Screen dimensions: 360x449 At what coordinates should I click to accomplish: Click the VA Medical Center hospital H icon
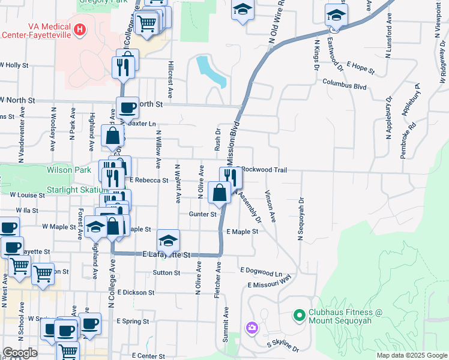coord(79,29)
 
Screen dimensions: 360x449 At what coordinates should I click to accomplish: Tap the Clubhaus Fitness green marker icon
coord(298,314)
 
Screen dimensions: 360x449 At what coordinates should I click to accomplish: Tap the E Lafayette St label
coord(166,255)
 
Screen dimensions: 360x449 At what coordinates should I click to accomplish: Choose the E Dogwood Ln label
coord(261,272)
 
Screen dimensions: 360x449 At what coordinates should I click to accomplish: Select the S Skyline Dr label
coord(283,346)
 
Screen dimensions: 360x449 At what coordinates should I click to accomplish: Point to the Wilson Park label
coord(68,170)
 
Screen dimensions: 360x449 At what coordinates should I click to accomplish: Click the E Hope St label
coord(360,68)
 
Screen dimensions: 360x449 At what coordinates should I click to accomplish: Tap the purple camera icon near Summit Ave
coord(252,328)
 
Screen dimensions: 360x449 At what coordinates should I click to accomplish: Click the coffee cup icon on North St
coord(127,107)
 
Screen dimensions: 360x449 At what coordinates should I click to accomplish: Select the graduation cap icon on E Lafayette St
coord(169,240)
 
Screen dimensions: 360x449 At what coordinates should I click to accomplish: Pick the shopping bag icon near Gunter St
coord(220,193)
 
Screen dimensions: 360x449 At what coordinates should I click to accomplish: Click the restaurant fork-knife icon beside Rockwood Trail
coord(231,176)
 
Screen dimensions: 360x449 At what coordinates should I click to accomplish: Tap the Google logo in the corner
coord(20,353)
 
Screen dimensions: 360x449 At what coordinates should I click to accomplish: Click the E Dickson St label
coord(136,293)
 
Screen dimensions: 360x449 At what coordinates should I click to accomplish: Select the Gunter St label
coord(202,214)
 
